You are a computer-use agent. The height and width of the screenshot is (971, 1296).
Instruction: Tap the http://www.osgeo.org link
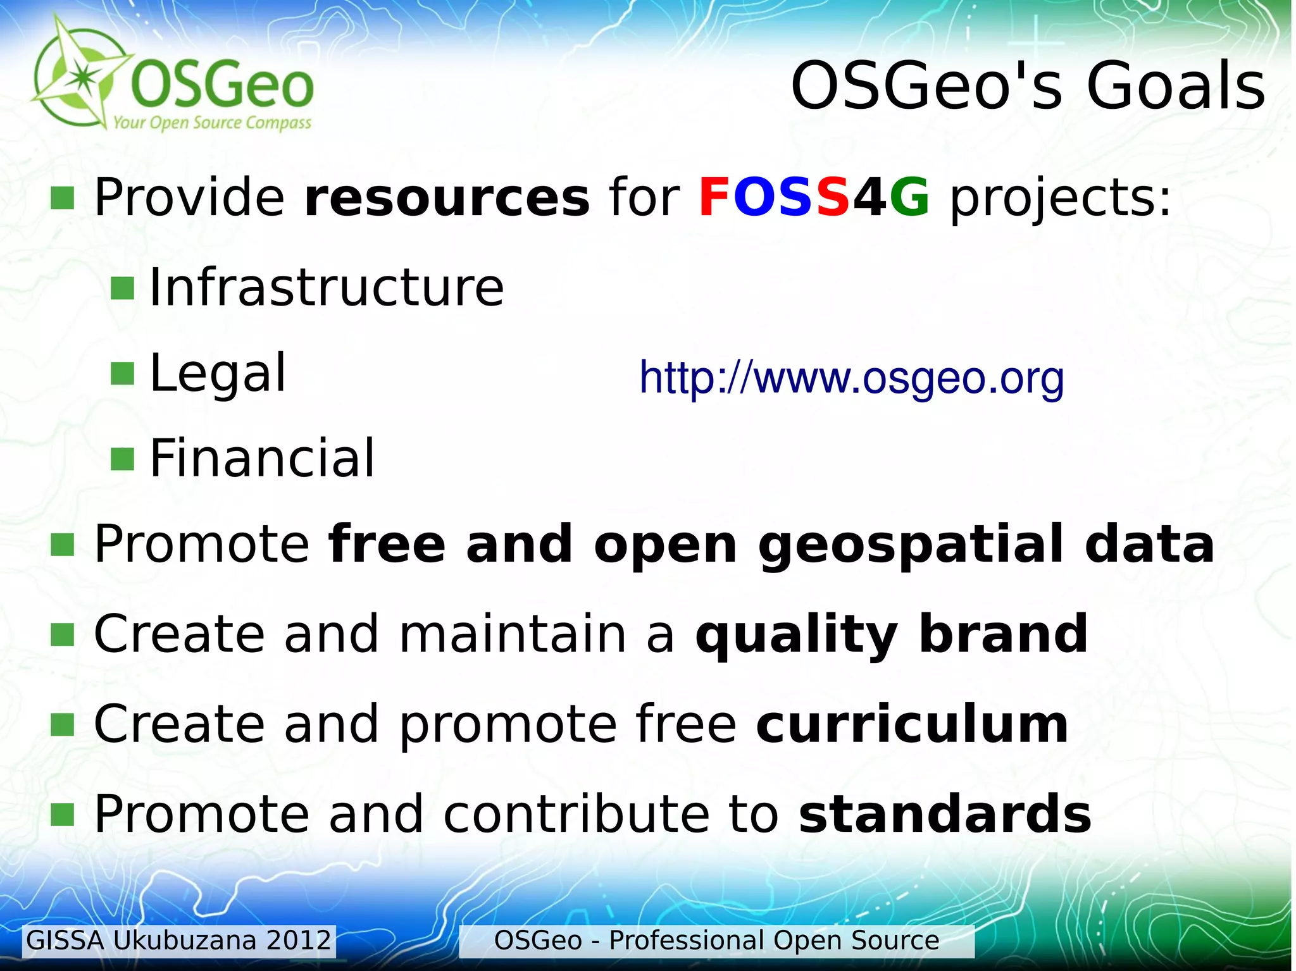click(851, 378)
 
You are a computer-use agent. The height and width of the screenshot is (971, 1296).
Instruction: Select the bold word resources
click(447, 197)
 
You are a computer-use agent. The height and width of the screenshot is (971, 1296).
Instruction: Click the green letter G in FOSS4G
click(909, 197)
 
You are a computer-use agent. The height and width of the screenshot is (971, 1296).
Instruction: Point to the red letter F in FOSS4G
click(714, 197)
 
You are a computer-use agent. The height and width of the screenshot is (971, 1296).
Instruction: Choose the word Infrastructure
click(327, 288)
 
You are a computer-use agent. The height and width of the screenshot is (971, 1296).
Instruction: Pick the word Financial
click(262, 458)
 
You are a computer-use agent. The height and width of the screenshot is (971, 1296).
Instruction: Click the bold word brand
click(1003, 634)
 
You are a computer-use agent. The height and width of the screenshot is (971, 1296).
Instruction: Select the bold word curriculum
click(912, 724)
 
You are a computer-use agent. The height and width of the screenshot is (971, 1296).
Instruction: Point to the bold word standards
click(945, 814)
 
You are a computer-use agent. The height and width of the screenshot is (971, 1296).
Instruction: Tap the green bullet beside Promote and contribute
click(62, 815)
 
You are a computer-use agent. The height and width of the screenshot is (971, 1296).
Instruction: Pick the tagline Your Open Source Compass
click(212, 122)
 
